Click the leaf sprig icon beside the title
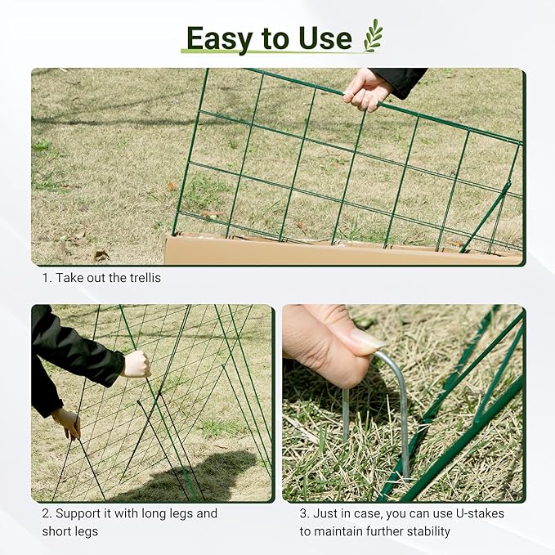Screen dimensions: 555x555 click(x=373, y=36)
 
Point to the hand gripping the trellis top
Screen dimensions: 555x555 click(x=367, y=89)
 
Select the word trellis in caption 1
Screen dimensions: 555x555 click(x=144, y=278)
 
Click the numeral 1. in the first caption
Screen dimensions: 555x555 click(x=47, y=278)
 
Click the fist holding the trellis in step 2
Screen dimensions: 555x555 click(x=136, y=364)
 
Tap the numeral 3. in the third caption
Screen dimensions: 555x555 click(x=303, y=514)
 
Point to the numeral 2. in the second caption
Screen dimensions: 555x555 click(x=47, y=514)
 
